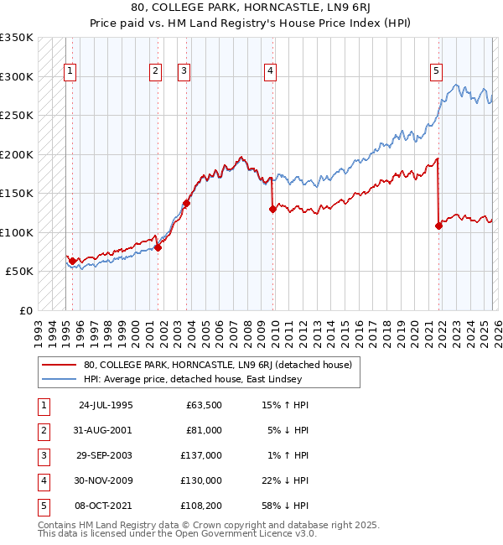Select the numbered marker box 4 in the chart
[270, 72]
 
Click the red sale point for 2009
[272, 210]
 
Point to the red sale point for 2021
[438, 226]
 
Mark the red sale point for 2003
[187, 203]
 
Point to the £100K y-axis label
[17, 232]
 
